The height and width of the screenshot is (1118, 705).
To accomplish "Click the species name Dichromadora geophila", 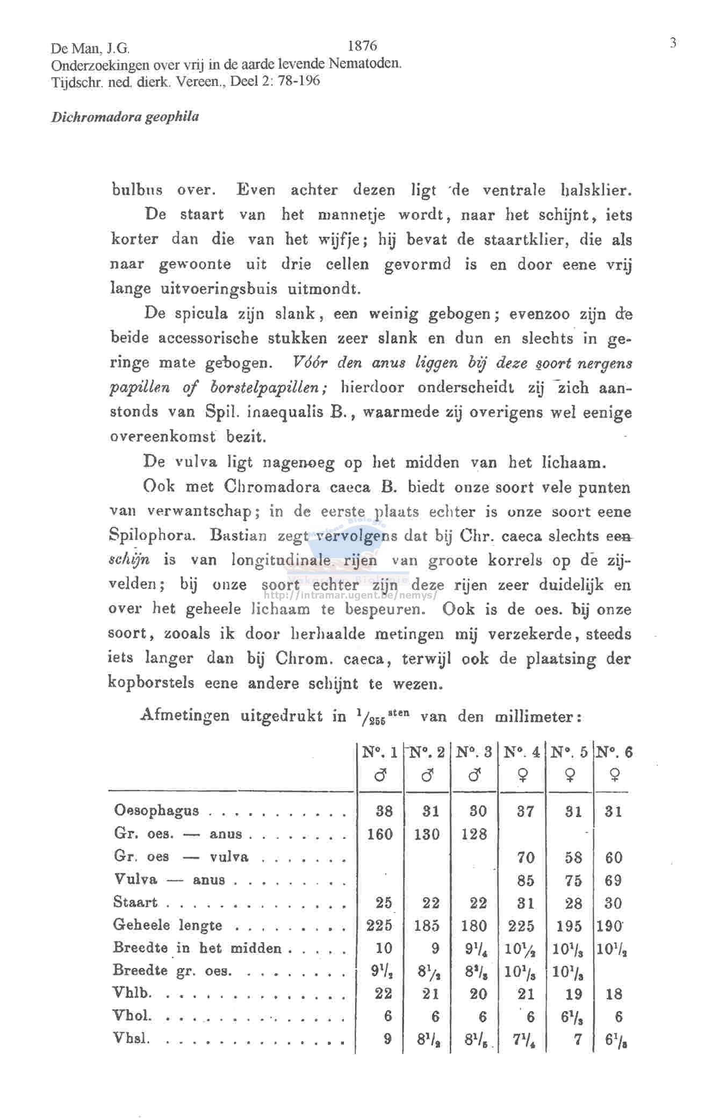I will coord(125,117).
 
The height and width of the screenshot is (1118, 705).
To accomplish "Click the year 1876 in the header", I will coord(362,46).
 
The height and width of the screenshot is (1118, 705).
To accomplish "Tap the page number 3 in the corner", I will coord(672,43).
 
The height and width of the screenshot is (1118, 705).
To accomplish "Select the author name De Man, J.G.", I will coord(90,49).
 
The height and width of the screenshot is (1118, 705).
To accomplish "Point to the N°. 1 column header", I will coord(380,752).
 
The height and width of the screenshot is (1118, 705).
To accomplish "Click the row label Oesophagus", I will coord(156,810).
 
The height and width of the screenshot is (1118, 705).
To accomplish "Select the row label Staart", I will coord(135,902).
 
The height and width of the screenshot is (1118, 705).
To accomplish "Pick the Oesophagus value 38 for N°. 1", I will coord(384,811).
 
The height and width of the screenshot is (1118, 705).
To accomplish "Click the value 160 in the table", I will coord(380,834).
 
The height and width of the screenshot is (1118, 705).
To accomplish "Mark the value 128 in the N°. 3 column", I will coord(474,834).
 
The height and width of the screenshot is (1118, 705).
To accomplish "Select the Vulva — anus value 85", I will coord(526,880).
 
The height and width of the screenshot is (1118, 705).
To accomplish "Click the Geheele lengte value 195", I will coord(569,926).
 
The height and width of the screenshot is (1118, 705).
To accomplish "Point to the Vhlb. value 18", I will coord(614,994).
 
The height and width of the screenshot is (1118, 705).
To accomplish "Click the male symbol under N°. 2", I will coord(428,775).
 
